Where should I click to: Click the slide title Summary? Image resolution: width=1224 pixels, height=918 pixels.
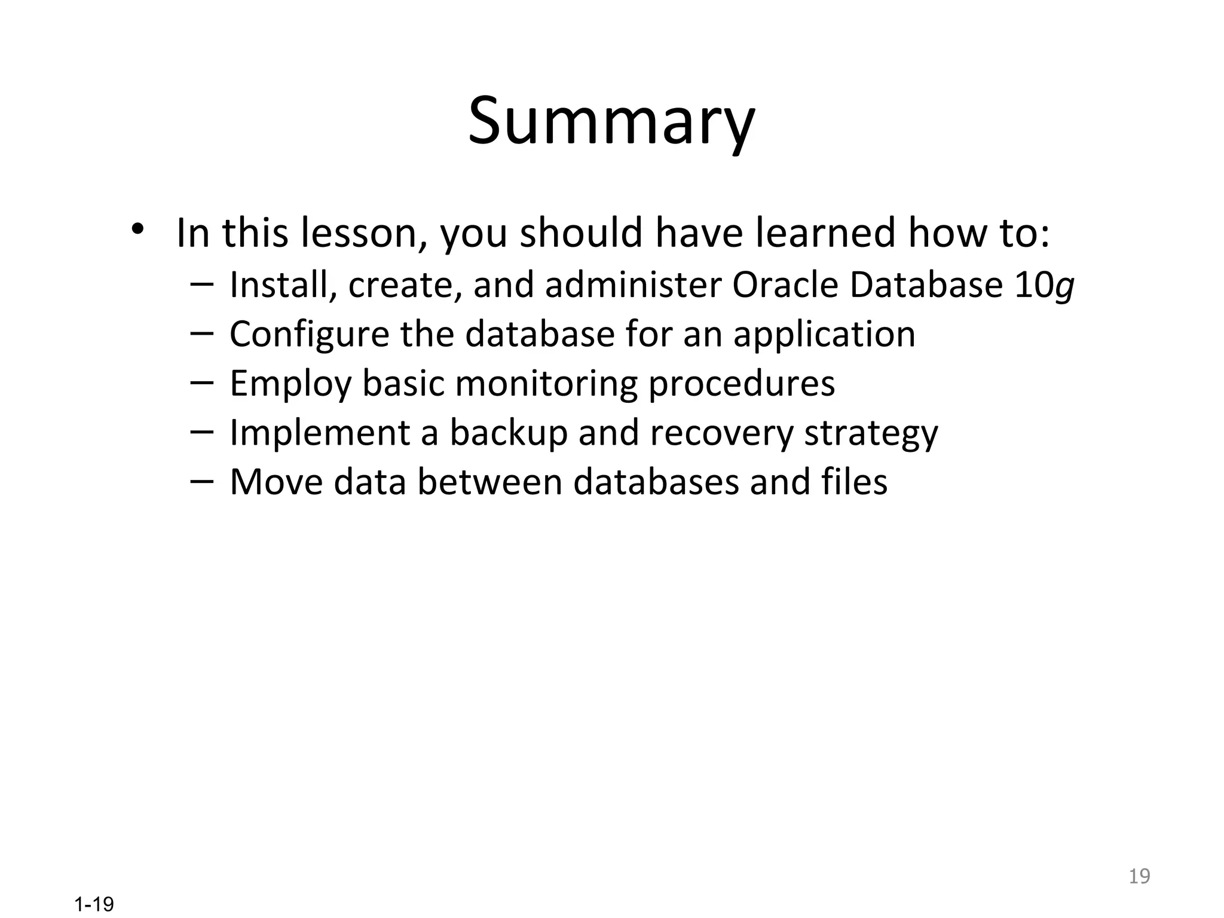click(x=611, y=123)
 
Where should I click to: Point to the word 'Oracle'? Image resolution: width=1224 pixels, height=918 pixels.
click(x=785, y=285)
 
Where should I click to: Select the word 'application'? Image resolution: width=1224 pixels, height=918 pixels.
click(x=824, y=335)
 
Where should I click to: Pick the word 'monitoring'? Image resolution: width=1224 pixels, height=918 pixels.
click(x=546, y=384)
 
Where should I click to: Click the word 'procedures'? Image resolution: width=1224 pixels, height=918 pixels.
click(x=742, y=384)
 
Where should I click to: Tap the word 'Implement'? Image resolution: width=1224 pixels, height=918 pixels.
click(x=320, y=433)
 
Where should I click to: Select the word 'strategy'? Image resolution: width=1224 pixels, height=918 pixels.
click(x=871, y=434)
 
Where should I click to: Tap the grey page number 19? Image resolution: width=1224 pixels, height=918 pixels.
click(x=1139, y=876)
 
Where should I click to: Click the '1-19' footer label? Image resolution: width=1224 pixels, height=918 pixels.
click(x=94, y=904)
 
